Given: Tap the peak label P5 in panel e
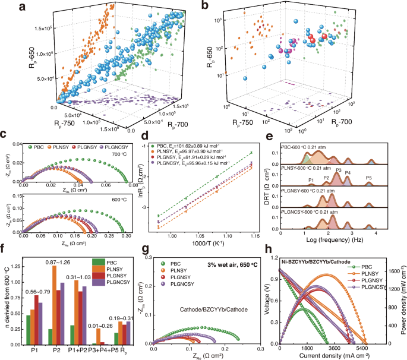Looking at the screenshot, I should [369, 178].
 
